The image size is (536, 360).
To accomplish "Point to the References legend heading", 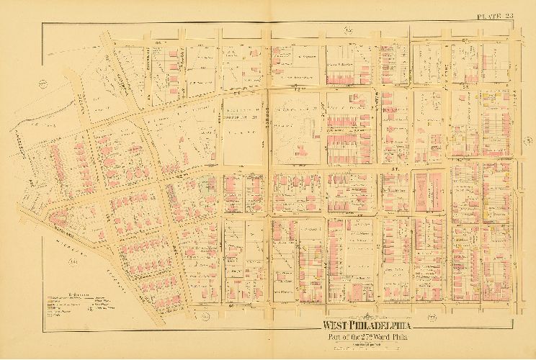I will pos(67,292).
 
